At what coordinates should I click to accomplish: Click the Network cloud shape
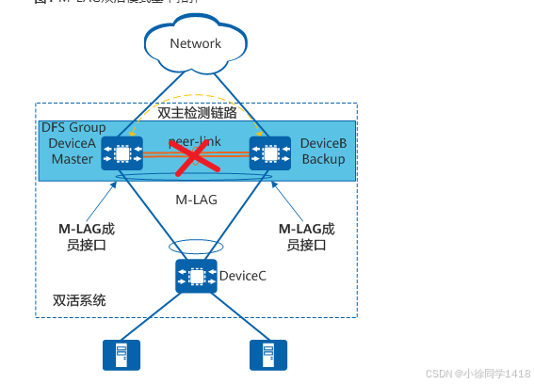[x=196, y=41]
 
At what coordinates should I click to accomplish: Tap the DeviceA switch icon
[x=121, y=152]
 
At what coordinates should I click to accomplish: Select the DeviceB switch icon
[x=270, y=152]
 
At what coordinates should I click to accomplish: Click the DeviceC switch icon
[x=196, y=276]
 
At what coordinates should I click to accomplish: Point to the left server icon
[x=121, y=355]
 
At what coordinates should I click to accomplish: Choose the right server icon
[x=268, y=355]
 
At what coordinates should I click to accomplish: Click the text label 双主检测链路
[x=197, y=112]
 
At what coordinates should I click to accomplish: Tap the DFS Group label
[x=73, y=127]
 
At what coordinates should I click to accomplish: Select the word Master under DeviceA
[x=73, y=159]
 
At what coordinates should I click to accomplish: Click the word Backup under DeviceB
[x=323, y=159]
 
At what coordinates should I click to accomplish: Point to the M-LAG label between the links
[x=196, y=200]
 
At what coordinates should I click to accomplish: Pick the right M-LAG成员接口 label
[x=306, y=236]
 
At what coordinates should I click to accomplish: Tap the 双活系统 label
[x=79, y=301]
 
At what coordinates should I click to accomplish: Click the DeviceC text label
[x=243, y=276]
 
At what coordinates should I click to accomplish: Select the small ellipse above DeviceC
[x=196, y=248]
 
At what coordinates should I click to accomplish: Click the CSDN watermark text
[x=478, y=373]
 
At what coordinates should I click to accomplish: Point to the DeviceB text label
[x=323, y=143]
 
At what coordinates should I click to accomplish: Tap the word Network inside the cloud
[x=196, y=43]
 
